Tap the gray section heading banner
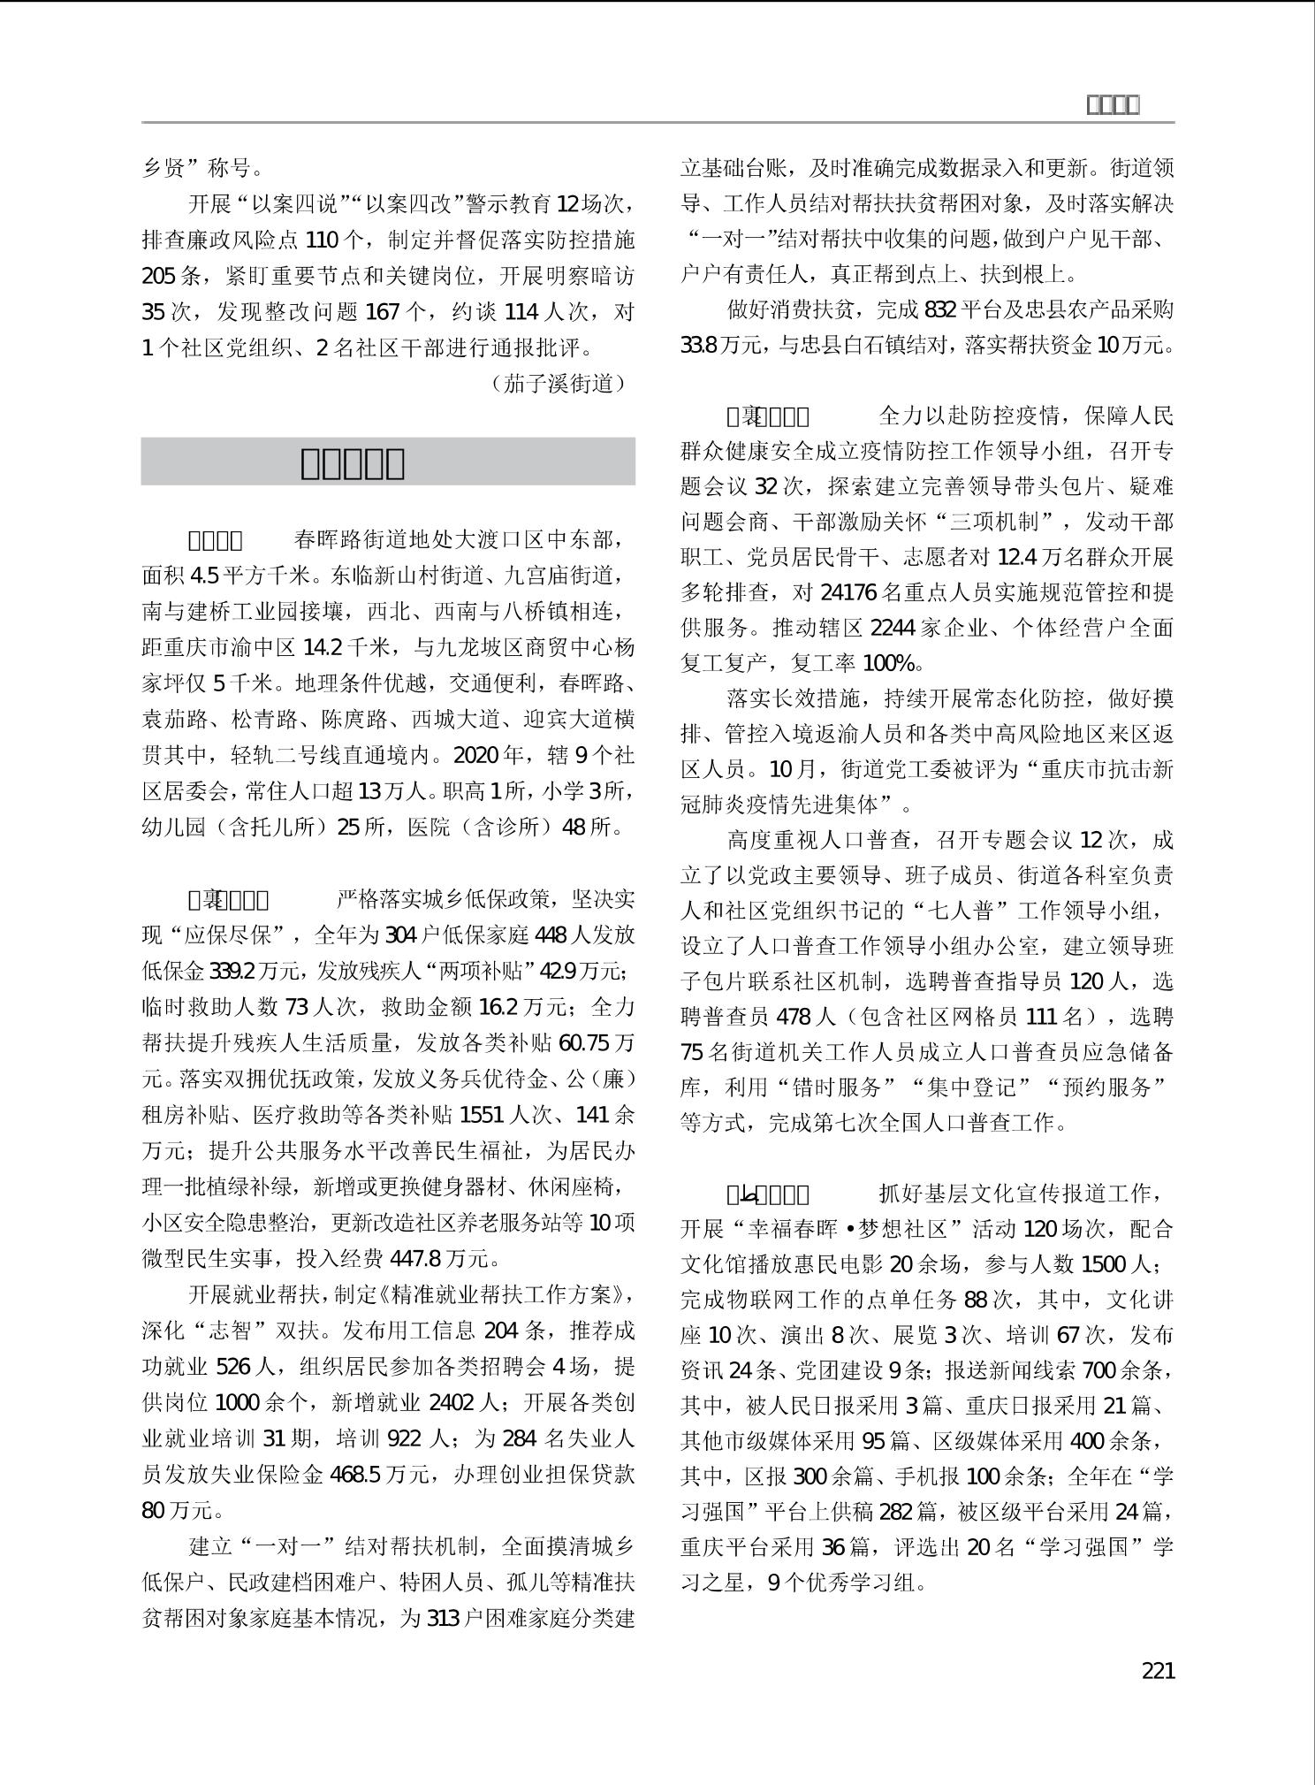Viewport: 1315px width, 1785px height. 388,462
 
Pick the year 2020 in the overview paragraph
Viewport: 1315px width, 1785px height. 477,756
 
